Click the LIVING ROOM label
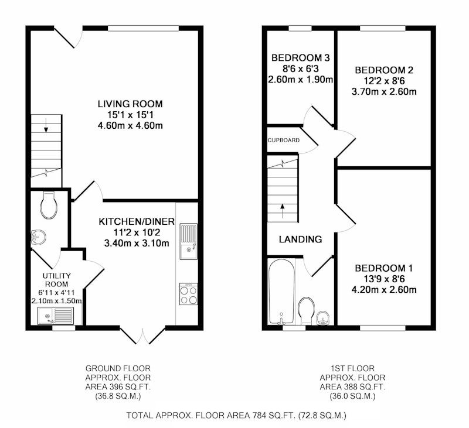(x=130, y=104)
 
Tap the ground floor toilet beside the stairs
(x=49, y=206)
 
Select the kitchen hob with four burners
(x=188, y=294)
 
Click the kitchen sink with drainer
(x=188, y=241)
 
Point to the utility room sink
(x=55, y=316)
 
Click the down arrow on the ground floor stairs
(x=46, y=125)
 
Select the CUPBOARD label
(x=284, y=140)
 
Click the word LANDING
(x=300, y=239)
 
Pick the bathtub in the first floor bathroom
(x=281, y=292)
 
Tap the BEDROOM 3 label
(x=301, y=57)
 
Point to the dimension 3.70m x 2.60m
(x=384, y=91)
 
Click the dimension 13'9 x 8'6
(x=384, y=279)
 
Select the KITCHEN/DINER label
(x=137, y=222)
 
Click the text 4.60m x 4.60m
(x=130, y=125)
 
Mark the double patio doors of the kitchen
(x=142, y=336)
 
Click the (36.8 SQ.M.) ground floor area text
(x=118, y=396)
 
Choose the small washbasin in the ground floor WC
(x=38, y=237)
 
